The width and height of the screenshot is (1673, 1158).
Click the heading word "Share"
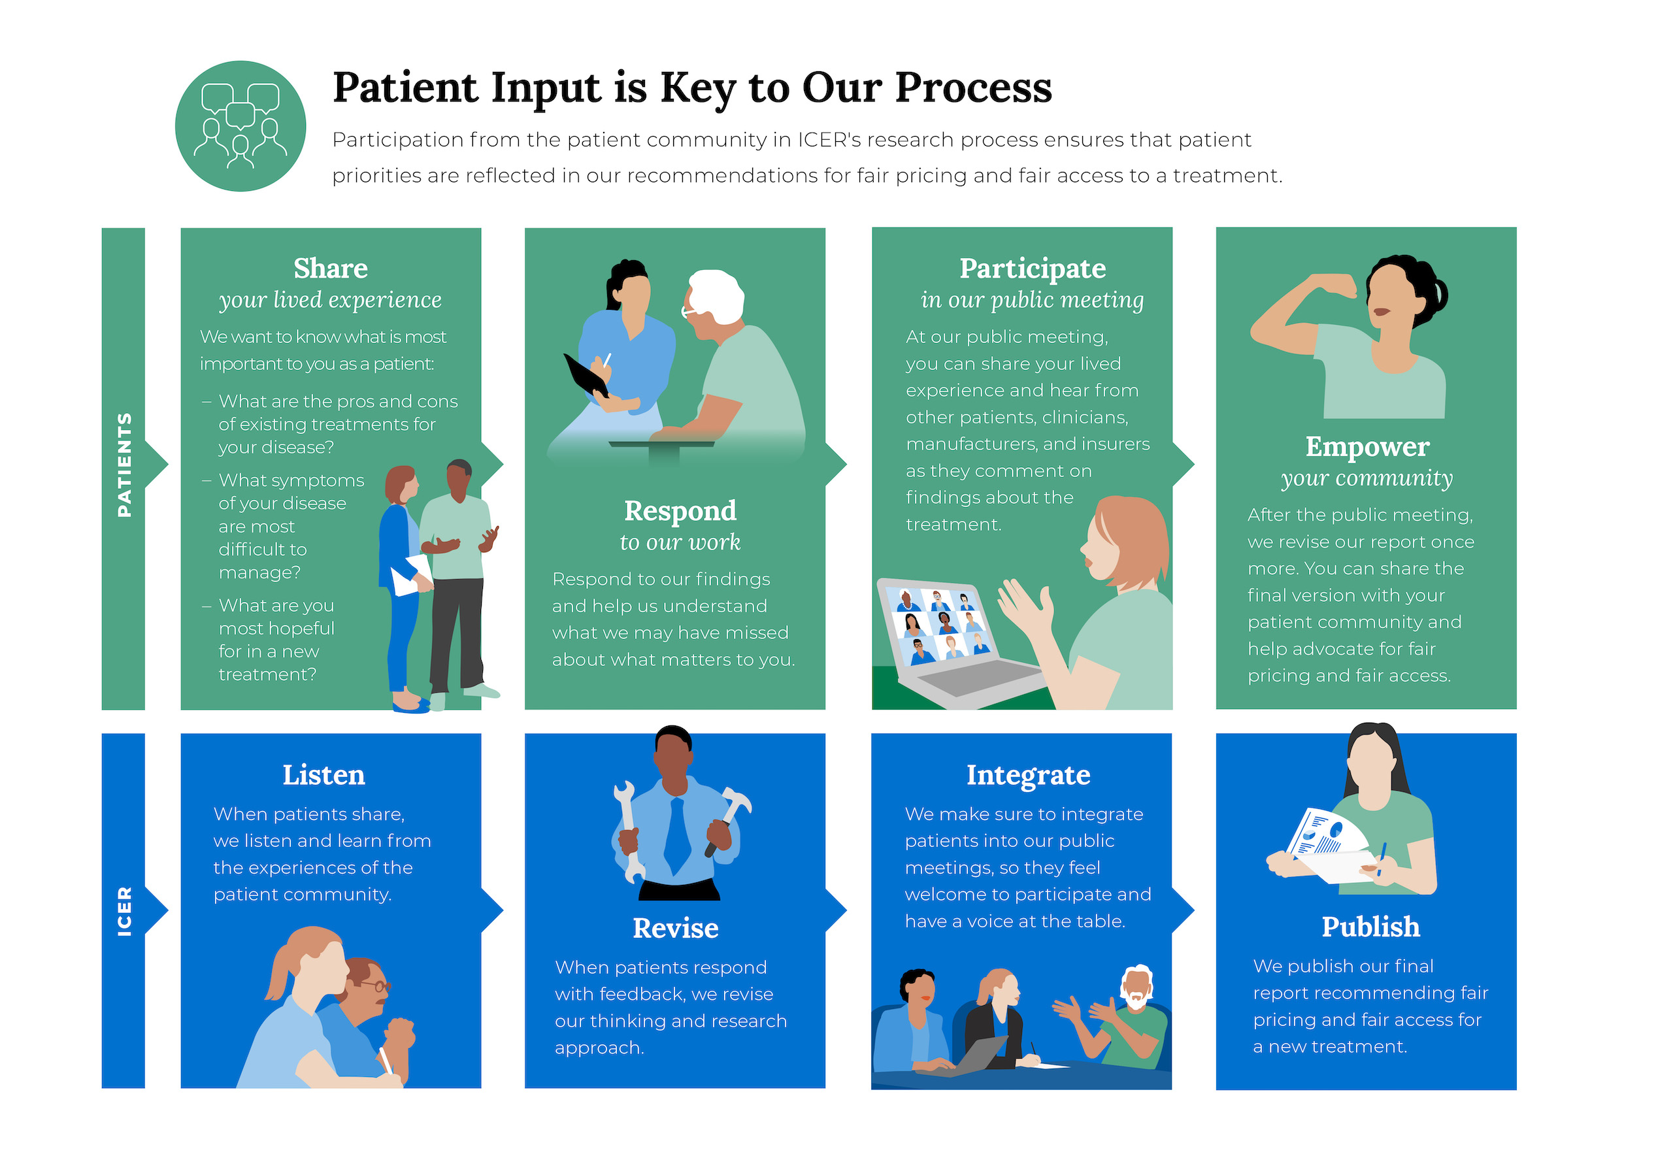pos(330,269)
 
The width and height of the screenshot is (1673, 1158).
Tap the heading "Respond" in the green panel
pos(680,511)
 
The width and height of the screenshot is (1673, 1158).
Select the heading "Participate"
pos(1032,269)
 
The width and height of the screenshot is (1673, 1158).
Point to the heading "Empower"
pos(1367,447)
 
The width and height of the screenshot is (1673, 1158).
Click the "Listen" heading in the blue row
pos(323,775)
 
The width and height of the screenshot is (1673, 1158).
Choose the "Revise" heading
pos(676,928)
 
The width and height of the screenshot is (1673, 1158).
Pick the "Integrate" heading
pos(1027,775)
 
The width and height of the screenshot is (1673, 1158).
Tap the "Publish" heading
pos(1370,927)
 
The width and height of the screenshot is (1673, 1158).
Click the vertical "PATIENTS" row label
pos(124,465)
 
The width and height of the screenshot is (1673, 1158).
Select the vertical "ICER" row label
pos(124,910)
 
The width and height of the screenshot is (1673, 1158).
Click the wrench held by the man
pos(628,831)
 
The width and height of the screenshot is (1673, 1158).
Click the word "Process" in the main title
pos(973,88)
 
